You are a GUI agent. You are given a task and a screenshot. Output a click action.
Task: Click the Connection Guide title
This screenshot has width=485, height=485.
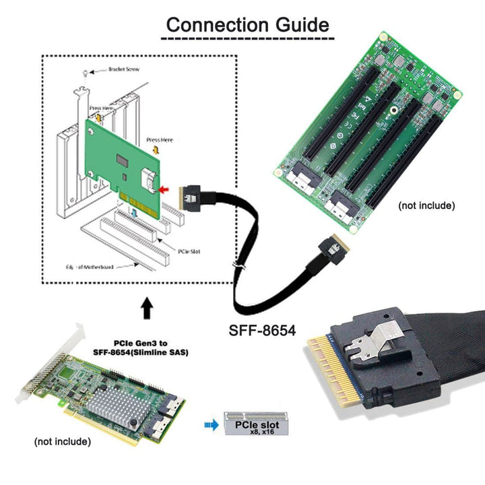click(x=248, y=26)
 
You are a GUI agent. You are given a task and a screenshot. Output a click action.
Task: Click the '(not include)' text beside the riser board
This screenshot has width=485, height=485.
click(x=426, y=205)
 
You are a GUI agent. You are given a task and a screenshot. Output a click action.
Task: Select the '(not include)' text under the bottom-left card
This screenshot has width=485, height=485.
click(x=62, y=442)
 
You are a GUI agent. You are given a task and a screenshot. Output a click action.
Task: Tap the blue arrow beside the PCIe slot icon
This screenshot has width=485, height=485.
click(x=210, y=425)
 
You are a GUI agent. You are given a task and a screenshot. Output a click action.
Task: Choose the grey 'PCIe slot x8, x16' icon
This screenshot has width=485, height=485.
click(x=251, y=425)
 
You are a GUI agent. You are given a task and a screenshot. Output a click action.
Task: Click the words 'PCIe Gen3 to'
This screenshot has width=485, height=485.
click(x=139, y=344)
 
